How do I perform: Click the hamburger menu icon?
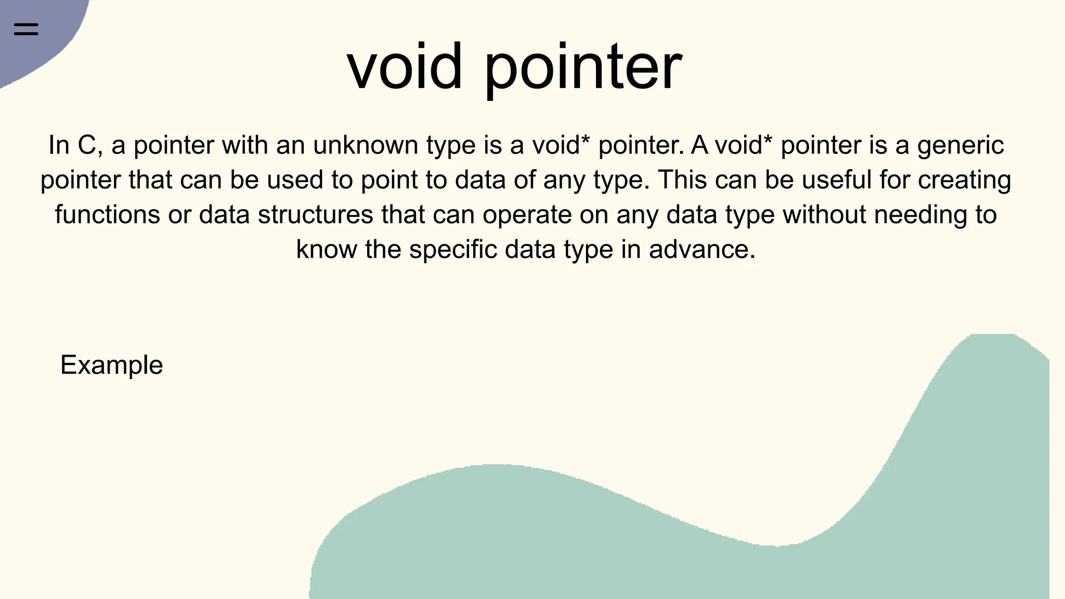(x=26, y=29)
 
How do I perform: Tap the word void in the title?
(x=405, y=67)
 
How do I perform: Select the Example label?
(x=111, y=365)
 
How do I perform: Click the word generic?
(x=960, y=145)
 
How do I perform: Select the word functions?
(x=107, y=215)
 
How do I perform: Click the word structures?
(x=315, y=215)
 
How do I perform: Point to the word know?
(x=326, y=250)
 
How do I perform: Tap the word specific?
(x=452, y=250)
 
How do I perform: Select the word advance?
(x=702, y=250)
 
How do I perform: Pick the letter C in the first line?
(x=87, y=145)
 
